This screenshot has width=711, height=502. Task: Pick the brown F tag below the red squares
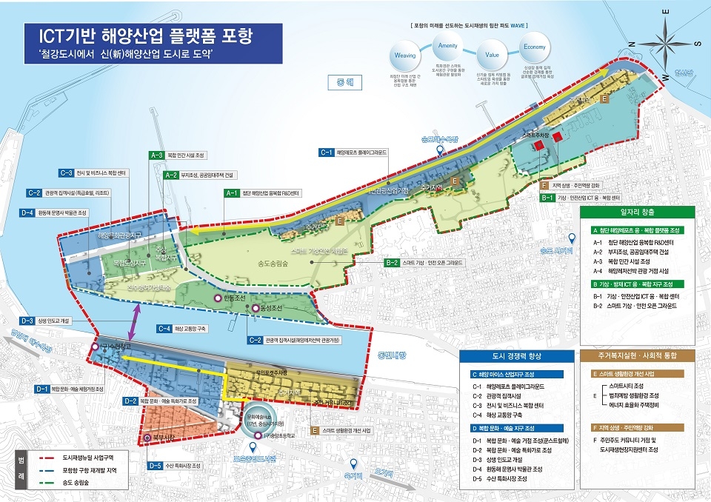(x=544, y=184)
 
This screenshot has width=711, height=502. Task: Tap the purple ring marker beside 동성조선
(x=256, y=308)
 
